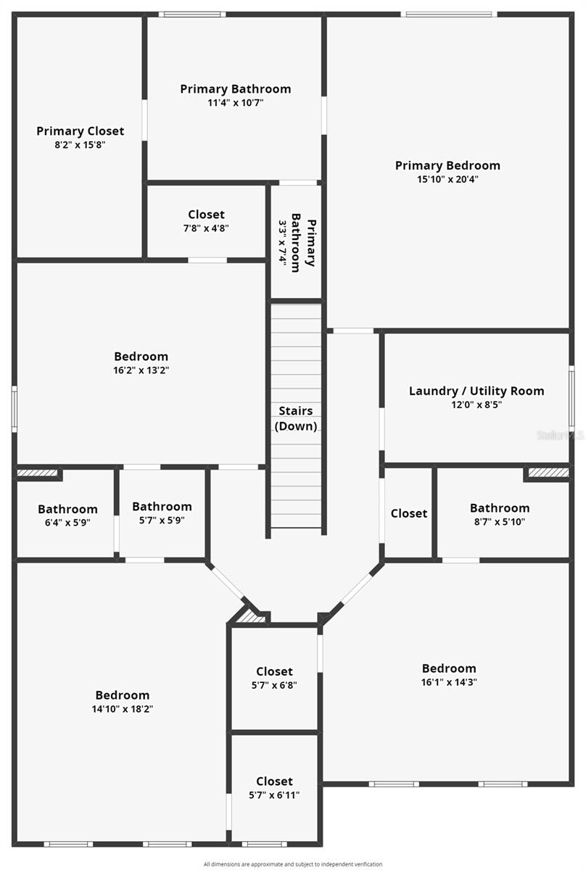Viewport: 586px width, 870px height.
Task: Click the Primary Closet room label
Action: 80,131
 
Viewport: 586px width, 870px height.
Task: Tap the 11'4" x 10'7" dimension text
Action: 235,103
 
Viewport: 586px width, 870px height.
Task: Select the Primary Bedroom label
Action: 447,165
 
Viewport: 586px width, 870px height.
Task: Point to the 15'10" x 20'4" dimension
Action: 447,179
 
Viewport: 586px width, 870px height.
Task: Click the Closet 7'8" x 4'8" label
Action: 206,215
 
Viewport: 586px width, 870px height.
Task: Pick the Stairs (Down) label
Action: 295,418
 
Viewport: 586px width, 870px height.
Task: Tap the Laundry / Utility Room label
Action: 476,391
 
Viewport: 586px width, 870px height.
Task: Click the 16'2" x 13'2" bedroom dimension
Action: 141,370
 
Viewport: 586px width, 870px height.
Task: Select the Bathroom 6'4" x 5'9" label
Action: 67,509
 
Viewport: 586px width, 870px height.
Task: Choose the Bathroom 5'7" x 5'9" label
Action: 162,507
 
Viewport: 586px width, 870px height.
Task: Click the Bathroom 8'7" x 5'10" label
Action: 499,508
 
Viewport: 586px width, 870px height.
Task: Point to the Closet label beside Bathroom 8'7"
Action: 408,513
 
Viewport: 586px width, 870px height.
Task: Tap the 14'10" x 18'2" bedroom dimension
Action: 122,709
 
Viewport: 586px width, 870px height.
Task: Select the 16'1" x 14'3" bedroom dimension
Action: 449,681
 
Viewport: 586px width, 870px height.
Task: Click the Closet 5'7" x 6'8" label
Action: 274,671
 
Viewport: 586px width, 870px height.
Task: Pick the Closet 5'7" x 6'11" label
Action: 274,781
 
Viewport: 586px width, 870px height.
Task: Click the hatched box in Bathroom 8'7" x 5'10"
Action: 548,473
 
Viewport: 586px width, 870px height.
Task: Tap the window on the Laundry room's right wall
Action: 571,397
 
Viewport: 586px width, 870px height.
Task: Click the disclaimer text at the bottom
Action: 292,864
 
